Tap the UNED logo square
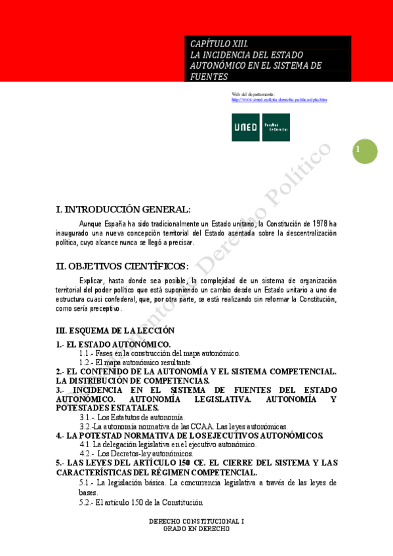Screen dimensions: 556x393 tap(245, 127)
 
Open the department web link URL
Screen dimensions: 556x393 tap(279, 100)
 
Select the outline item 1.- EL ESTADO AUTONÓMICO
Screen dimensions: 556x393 tap(114, 344)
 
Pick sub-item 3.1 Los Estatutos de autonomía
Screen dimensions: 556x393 tap(133, 416)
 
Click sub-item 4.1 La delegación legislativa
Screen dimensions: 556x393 tap(163, 444)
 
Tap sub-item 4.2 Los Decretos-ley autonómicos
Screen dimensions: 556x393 tap(136, 453)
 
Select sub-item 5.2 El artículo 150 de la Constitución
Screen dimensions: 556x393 tap(140, 502)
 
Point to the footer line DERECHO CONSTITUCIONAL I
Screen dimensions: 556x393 tap(196, 522)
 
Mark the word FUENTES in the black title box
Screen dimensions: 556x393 tap(209, 76)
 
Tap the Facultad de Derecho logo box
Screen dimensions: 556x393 tap(276, 127)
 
